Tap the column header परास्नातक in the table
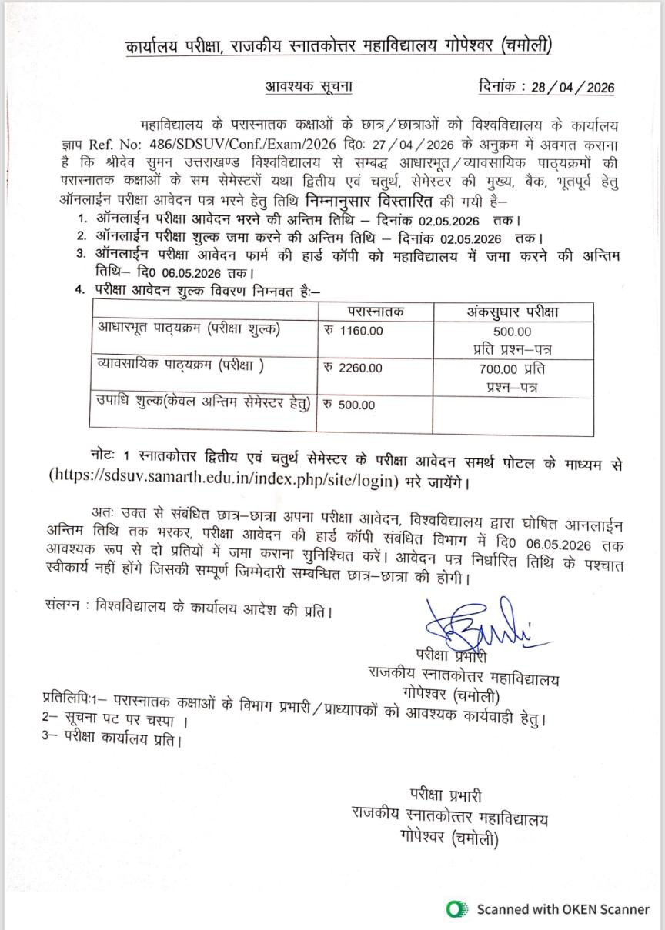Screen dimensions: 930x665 point(376,312)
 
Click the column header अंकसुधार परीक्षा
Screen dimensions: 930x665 point(513,312)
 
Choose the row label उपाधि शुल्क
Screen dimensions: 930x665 point(204,402)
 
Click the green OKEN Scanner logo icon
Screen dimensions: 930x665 point(457,909)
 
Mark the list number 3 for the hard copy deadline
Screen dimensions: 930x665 point(79,255)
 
